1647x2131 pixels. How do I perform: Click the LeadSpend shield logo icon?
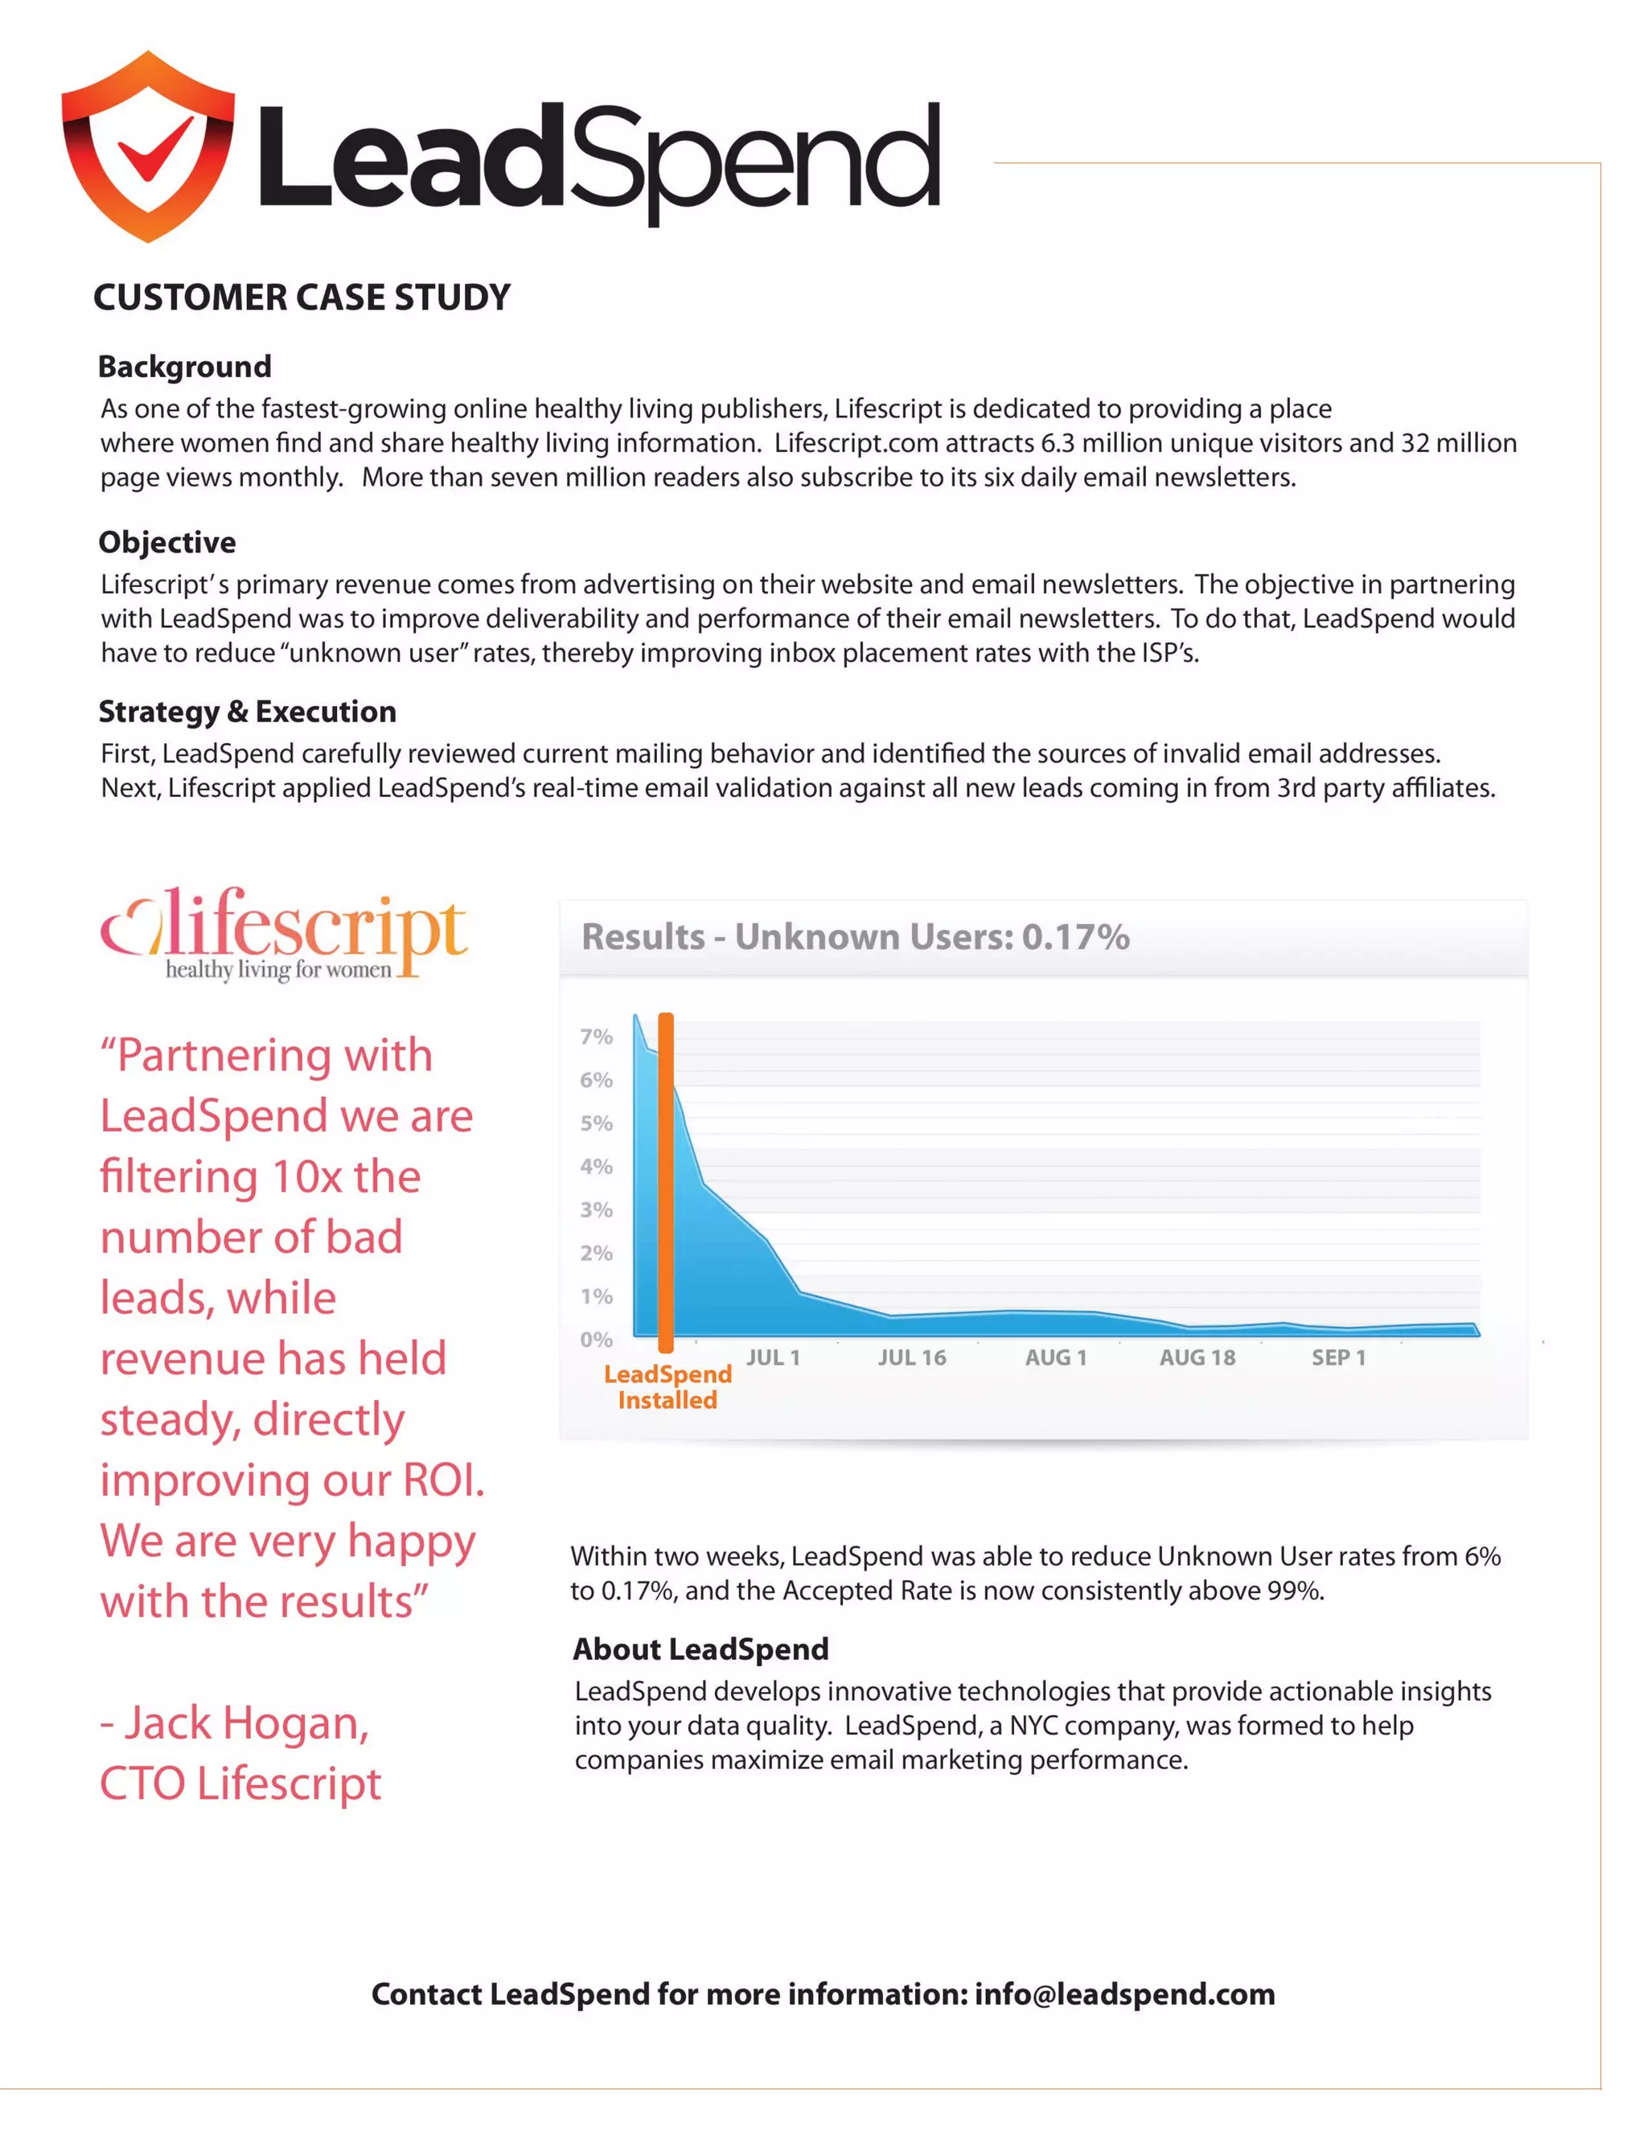click(x=148, y=146)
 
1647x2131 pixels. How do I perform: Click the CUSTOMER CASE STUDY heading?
click(x=302, y=298)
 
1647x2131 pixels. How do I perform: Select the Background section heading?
click(x=184, y=367)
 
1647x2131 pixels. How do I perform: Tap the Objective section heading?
click(x=166, y=543)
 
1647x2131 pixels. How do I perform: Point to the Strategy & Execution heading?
click(x=247, y=712)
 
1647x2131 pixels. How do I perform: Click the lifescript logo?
click(x=284, y=933)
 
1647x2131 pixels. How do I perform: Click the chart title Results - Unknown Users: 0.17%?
click(x=855, y=937)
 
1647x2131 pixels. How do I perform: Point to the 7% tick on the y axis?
click(x=596, y=1037)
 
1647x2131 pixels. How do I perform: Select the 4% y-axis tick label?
click(x=596, y=1167)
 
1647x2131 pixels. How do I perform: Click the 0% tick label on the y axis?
click(x=596, y=1340)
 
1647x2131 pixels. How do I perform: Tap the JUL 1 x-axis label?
click(x=773, y=1358)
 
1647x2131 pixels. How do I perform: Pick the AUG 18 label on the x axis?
click(x=1197, y=1358)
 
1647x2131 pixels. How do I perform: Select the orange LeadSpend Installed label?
click(x=667, y=1386)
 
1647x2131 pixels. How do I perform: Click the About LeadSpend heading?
click(x=700, y=1650)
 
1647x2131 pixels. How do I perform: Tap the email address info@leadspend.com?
click(x=1124, y=1994)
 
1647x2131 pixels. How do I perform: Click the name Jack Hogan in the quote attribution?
click(x=246, y=1724)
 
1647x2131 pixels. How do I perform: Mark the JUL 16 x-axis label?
click(x=911, y=1358)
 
